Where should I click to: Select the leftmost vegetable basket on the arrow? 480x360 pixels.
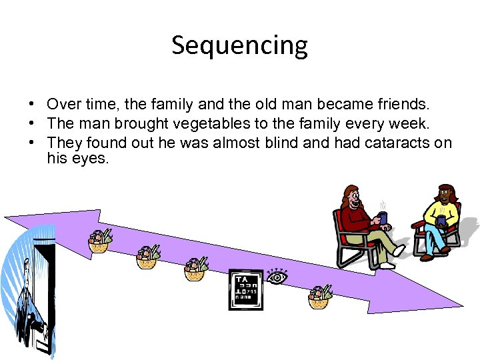99,241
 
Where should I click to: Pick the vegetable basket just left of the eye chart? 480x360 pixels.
195,269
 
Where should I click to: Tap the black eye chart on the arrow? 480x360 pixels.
245,289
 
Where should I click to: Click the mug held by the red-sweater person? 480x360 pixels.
382,217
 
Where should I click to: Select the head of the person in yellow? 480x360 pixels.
445,194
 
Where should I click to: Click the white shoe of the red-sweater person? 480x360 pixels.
399,251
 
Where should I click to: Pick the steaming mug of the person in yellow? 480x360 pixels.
441,220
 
